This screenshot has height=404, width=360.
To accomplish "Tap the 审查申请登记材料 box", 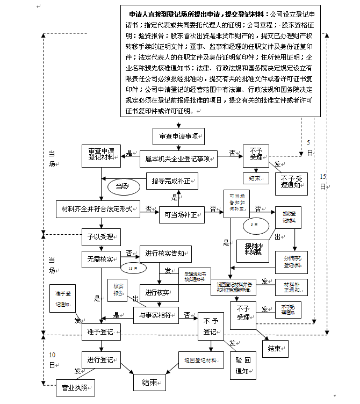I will pyautogui.click(x=101, y=155).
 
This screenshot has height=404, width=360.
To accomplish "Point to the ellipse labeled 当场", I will pyautogui.click(x=123, y=186).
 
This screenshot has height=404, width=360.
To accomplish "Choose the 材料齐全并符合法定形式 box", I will pyautogui.click(x=98, y=208).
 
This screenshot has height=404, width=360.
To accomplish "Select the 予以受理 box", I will pyautogui.click(x=100, y=236).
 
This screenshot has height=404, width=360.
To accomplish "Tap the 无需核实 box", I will pyautogui.click(x=100, y=260).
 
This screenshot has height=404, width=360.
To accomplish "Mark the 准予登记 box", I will pyautogui.click(x=100, y=333).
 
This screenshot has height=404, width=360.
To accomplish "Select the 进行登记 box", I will pyautogui.click(x=100, y=359).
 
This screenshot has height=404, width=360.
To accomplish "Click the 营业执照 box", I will pyautogui.click(x=75, y=387).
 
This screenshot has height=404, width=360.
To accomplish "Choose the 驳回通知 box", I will pyautogui.click(x=242, y=364).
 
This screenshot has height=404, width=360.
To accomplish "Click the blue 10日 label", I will pyautogui.click(x=52, y=360).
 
